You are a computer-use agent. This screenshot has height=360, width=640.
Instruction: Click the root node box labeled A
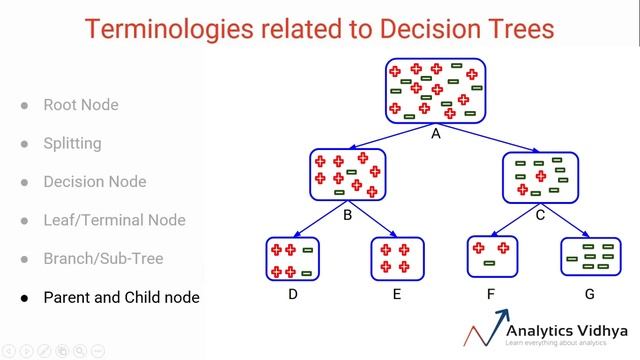pyautogui.click(x=435, y=90)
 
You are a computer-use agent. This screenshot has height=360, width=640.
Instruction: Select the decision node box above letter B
pyautogui.click(x=347, y=174)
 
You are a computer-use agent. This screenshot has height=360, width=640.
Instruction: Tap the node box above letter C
pyautogui.click(x=540, y=174)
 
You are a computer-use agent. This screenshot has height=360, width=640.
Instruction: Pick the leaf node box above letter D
pyautogui.click(x=293, y=259)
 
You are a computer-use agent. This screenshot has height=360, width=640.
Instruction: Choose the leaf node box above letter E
pyautogui.click(x=397, y=259)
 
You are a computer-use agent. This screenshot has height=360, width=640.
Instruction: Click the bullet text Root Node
pyautogui.click(x=81, y=105)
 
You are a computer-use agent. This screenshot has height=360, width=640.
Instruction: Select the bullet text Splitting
pyautogui.click(x=72, y=143)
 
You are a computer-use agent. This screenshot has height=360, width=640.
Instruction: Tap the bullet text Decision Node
pyautogui.click(x=94, y=182)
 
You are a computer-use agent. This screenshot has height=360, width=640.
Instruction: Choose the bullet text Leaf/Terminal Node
pyautogui.click(x=114, y=220)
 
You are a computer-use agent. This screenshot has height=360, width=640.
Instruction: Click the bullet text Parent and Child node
pyautogui.click(x=121, y=298)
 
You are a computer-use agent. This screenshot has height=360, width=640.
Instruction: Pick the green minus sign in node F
pyautogui.click(x=489, y=264)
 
